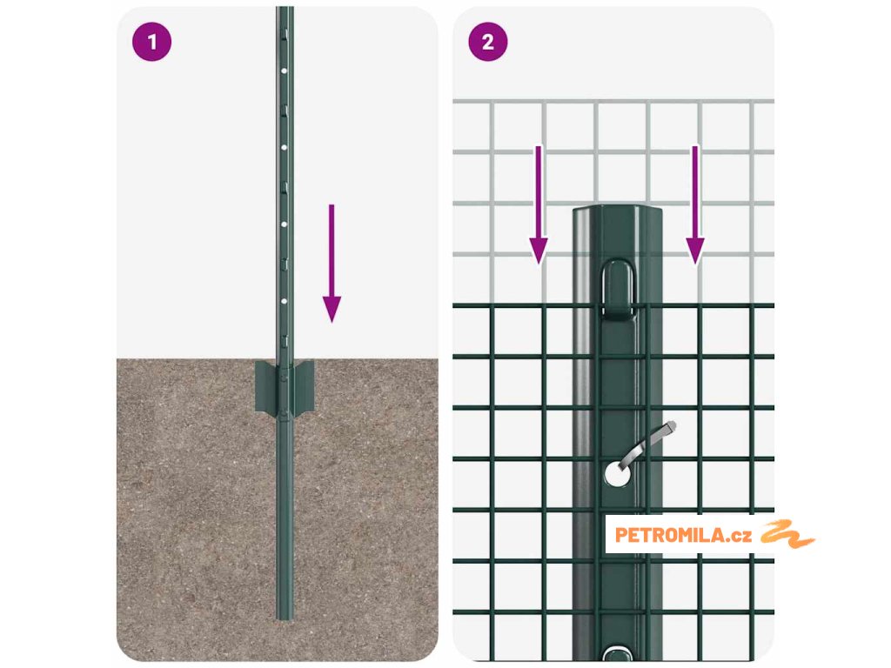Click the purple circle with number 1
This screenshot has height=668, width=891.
point(151,42)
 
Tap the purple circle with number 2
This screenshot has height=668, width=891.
point(488,42)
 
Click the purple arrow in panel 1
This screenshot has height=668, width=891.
point(332,264)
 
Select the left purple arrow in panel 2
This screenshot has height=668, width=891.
point(539,205)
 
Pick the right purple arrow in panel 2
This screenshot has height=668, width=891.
point(695,205)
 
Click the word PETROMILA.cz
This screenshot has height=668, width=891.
point(683,535)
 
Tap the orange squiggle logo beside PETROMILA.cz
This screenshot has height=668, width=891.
point(787,534)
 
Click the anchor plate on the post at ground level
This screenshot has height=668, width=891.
point(285,386)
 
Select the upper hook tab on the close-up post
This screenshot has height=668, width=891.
point(617,287)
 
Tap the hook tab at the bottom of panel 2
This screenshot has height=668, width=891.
point(617,653)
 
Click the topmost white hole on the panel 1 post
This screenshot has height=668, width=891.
point(285,71)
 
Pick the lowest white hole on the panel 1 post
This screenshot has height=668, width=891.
point(285,301)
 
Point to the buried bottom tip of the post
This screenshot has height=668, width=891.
point(285,617)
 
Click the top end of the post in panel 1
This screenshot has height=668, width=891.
point(285,9)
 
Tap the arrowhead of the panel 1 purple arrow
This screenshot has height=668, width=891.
point(332,309)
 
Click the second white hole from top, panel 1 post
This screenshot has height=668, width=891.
point(285,148)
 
